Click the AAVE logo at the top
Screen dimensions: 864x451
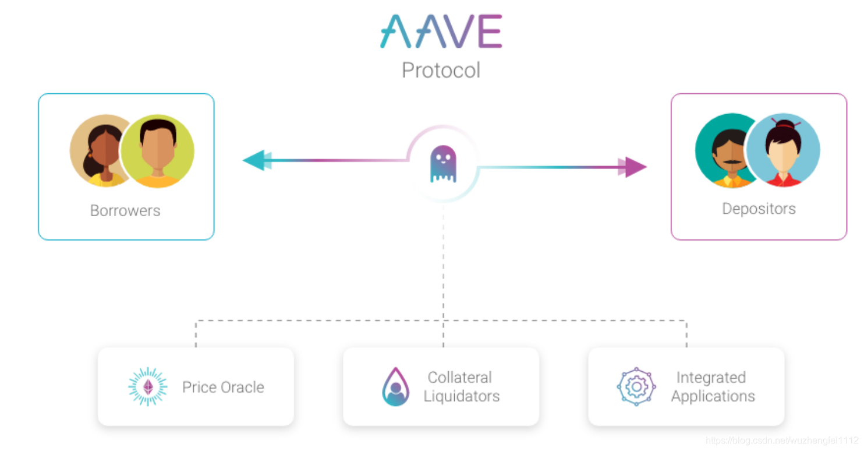[441, 31]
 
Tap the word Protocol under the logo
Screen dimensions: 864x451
[441, 71]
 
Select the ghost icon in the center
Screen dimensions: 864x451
[443, 164]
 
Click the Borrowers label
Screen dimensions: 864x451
[125, 211]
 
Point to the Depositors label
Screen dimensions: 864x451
[759, 209]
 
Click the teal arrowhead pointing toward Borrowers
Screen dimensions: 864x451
[257, 160]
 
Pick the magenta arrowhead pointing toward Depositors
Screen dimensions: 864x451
[632, 167]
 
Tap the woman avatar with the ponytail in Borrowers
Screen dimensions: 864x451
[100, 150]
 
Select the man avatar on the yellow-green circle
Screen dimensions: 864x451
[158, 151]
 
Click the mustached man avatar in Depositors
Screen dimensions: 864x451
[725, 150]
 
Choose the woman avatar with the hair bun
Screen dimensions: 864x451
[784, 150]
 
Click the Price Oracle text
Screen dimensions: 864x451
[223, 387]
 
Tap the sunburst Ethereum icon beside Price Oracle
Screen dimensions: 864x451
[148, 386]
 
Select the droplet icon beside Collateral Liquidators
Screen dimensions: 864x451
[395, 386]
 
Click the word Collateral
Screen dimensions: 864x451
[460, 378]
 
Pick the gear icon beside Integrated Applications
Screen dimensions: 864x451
[636, 386]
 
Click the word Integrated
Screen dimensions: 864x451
[711, 378]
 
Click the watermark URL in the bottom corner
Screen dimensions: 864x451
[782, 440]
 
